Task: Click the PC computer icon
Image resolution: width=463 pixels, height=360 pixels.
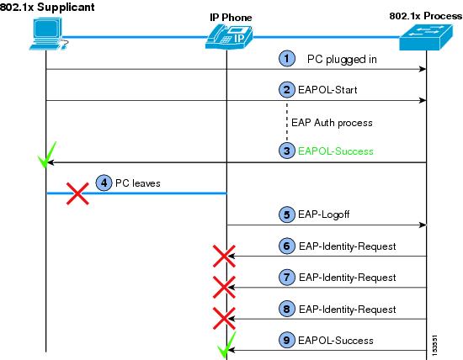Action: (49, 34)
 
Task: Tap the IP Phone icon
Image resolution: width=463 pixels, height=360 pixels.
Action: (229, 37)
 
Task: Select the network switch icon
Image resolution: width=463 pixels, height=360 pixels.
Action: (426, 37)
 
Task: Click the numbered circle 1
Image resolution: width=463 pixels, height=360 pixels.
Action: (287, 58)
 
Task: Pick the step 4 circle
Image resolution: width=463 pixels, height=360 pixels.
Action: (104, 183)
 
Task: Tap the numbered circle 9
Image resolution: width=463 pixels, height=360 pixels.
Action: (287, 340)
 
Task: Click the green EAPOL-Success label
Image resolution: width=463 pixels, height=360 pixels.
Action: (336, 151)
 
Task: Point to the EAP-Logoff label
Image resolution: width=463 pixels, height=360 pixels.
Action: (323, 214)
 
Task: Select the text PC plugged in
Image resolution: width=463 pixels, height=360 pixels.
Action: (342, 60)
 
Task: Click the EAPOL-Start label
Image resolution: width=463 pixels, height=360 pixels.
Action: (327, 90)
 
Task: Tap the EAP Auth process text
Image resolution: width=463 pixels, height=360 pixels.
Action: (332, 123)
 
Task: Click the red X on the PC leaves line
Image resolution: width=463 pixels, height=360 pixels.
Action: (77, 193)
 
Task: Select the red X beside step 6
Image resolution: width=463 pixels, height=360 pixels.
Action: (224, 257)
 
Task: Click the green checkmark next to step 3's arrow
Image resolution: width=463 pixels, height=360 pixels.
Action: (47, 155)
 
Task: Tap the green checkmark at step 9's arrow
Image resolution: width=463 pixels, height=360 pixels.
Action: (226, 344)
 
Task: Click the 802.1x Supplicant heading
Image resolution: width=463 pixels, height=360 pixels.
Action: (47, 7)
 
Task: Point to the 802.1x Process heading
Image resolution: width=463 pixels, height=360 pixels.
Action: (426, 16)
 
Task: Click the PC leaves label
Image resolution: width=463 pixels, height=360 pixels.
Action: (138, 183)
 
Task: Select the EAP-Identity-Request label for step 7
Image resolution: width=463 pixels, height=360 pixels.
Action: (347, 278)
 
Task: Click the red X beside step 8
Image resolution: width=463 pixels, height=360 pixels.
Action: (224, 319)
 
